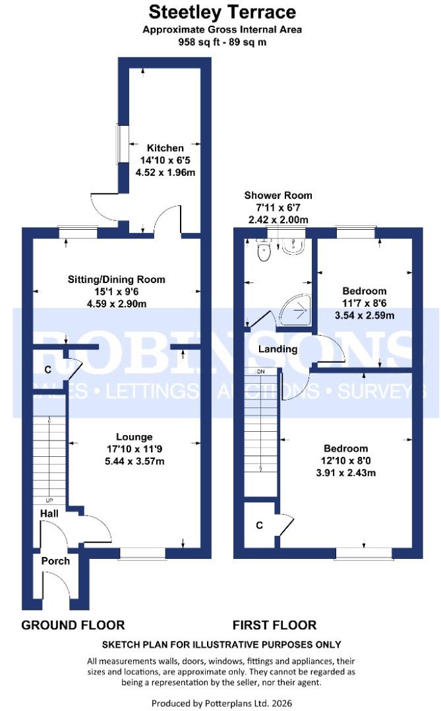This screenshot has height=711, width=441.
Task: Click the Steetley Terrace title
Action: [222, 12]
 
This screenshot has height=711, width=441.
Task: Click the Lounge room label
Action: [134, 436]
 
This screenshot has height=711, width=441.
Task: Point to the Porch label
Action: [55, 561]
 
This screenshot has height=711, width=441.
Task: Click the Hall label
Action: [49, 513]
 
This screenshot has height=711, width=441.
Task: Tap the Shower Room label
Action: [278, 196]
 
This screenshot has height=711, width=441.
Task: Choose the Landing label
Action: [278, 349]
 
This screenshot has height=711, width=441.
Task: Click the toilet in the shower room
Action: [264, 251]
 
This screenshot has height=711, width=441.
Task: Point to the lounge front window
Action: [142, 554]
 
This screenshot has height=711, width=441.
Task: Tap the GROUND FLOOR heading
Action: [73, 625]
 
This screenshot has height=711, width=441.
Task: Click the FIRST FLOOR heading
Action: [274, 625]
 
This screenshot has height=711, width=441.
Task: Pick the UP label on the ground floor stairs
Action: [49, 499]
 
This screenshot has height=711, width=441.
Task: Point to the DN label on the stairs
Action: [260, 373]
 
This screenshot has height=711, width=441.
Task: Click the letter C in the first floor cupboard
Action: [260, 525]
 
